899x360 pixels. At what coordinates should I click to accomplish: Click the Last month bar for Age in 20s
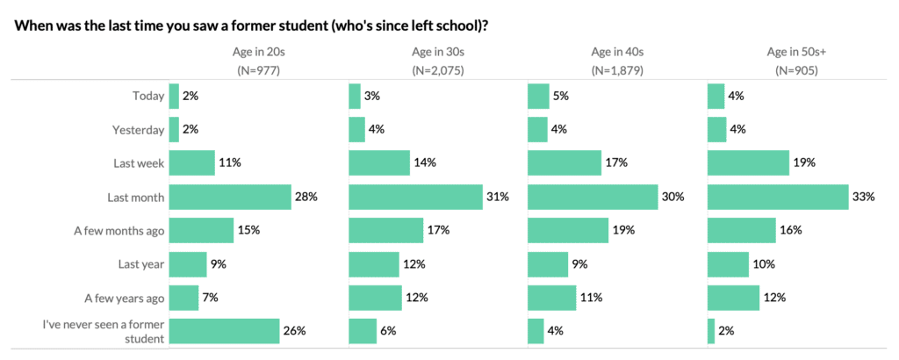(x=229, y=198)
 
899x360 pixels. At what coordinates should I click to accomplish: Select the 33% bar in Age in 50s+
(x=777, y=198)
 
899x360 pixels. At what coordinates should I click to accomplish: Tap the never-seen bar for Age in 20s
(x=224, y=331)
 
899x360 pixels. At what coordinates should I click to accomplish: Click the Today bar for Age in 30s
(x=355, y=97)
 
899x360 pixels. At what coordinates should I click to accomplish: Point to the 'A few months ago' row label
(x=119, y=231)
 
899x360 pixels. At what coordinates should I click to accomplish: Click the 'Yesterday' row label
(x=138, y=130)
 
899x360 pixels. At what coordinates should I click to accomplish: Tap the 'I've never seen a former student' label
(x=104, y=331)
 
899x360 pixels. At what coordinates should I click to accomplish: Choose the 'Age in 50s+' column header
(x=796, y=52)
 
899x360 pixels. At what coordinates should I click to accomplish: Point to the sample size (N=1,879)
(x=617, y=70)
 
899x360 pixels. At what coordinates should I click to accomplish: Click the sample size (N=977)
(x=257, y=70)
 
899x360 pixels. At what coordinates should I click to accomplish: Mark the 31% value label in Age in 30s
(x=498, y=198)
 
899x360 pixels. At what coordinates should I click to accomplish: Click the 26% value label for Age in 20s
(x=294, y=331)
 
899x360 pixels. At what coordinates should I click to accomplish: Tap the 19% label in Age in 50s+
(x=804, y=163)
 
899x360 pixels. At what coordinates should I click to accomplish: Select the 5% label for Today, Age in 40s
(x=558, y=97)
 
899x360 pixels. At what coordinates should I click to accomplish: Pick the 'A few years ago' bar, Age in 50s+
(x=733, y=298)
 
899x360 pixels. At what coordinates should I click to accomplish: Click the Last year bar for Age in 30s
(x=375, y=264)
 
